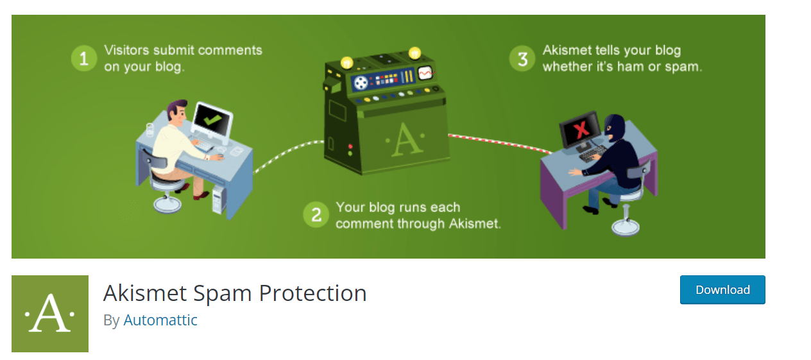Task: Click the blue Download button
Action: (722, 289)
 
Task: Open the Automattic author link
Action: (160, 320)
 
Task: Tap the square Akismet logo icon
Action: (50, 314)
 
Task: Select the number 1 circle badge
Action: (83, 59)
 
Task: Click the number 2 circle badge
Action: (316, 215)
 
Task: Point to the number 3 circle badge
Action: (522, 59)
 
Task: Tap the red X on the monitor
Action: (581, 131)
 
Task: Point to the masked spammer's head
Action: (615, 126)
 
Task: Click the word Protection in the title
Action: (313, 293)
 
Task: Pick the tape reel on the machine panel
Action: (362, 82)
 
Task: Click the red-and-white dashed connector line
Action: (500, 143)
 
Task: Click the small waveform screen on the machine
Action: (425, 73)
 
